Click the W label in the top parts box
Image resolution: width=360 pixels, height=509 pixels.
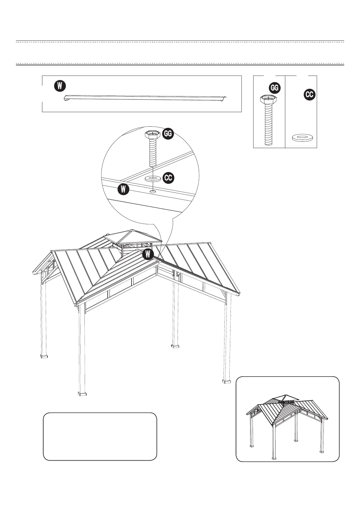(x=60, y=86)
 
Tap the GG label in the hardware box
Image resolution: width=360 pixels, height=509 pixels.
(x=275, y=88)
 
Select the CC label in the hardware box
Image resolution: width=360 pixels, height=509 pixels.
(x=309, y=95)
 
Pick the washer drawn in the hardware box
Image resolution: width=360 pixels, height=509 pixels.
(x=303, y=138)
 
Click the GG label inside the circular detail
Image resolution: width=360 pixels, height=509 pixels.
(x=168, y=134)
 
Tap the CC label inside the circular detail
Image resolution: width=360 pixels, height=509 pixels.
(x=168, y=178)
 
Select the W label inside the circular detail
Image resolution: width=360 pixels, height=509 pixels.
(x=123, y=190)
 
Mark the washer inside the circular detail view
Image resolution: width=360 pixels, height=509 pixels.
(x=153, y=179)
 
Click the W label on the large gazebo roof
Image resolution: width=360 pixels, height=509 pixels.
(x=148, y=254)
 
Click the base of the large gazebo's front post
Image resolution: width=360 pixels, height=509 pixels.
(x=82, y=394)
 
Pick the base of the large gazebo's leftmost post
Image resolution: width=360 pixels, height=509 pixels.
(x=44, y=356)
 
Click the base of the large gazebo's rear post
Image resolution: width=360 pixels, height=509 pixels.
(x=175, y=346)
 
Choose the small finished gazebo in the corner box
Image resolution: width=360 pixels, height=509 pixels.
(x=287, y=423)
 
